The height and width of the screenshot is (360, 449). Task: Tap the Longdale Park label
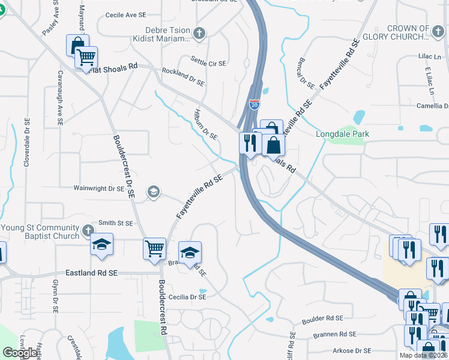pos(342,134)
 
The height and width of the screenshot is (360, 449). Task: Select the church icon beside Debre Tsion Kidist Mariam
pos(199,34)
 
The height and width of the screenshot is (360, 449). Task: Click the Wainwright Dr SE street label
pos(98,188)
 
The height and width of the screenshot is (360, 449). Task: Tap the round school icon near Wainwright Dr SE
pos(153,191)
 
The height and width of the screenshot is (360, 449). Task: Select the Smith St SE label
pos(116,223)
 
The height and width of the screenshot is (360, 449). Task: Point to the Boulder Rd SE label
pos(322,318)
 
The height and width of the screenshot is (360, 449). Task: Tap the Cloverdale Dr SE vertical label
pos(26,142)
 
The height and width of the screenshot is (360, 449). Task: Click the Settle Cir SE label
pos(208,62)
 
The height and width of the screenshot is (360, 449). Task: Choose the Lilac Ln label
pos(429,57)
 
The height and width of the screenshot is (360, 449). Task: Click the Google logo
pos(20,353)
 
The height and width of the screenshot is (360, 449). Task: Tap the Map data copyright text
pos(423,355)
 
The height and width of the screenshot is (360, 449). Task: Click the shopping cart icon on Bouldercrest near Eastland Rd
pos(154,247)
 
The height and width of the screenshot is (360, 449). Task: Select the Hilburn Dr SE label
pos(205,125)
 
